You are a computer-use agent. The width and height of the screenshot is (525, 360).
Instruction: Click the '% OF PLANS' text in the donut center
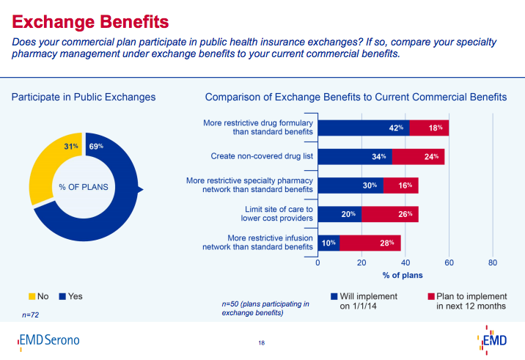[x=84, y=187]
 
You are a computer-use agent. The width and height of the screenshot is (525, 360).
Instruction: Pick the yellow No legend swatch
[x=32, y=296]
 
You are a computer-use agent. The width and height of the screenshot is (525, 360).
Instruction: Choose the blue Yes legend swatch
[x=64, y=296]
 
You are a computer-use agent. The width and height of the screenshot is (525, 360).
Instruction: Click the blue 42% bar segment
[x=363, y=128]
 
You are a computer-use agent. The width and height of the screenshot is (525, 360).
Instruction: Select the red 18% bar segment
[x=429, y=128]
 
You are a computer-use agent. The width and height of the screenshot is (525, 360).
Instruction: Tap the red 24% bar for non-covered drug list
[x=418, y=156]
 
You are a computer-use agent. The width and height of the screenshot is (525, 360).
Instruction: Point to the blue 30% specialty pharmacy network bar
[x=350, y=185]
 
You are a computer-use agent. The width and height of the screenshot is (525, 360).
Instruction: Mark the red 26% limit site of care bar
[x=390, y=214]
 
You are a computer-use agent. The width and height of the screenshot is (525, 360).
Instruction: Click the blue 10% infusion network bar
[x=328, y=243]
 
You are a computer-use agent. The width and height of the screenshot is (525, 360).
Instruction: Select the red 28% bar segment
[x=370, y=243]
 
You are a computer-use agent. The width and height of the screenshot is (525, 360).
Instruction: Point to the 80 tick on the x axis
[x=493, y=262]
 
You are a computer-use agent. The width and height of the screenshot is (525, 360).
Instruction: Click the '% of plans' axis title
[x=403, y=275]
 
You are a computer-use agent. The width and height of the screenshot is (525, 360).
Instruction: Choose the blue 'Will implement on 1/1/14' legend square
[x=334, y=297]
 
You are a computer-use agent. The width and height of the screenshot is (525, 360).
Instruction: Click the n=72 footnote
[x=31, y=315]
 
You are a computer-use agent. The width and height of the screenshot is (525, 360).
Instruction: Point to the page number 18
[x=261, y=342]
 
